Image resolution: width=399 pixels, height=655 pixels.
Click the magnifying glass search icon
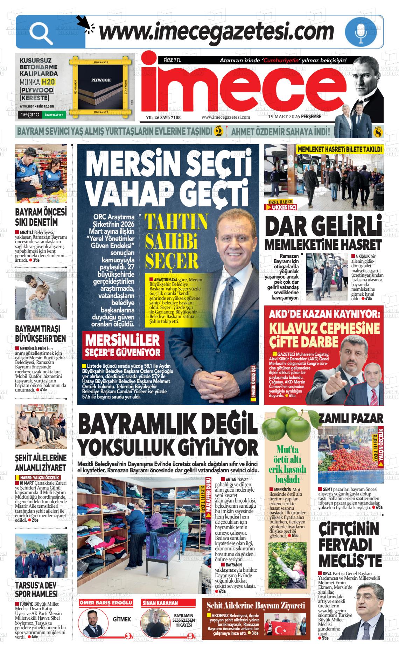coord(41,33)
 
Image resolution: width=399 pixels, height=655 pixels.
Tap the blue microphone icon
coord(361,32)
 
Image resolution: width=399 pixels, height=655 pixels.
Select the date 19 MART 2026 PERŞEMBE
coord(294,117)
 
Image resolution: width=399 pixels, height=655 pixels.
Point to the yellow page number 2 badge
coord(219,132)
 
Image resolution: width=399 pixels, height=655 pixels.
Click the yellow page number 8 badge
coord(378,132)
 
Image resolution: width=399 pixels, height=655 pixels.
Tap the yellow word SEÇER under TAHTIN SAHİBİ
coord(171,260)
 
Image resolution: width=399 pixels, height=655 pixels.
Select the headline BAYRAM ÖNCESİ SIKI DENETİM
coord(41,218)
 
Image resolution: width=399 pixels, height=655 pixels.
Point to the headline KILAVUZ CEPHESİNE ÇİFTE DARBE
coord(324,335)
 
